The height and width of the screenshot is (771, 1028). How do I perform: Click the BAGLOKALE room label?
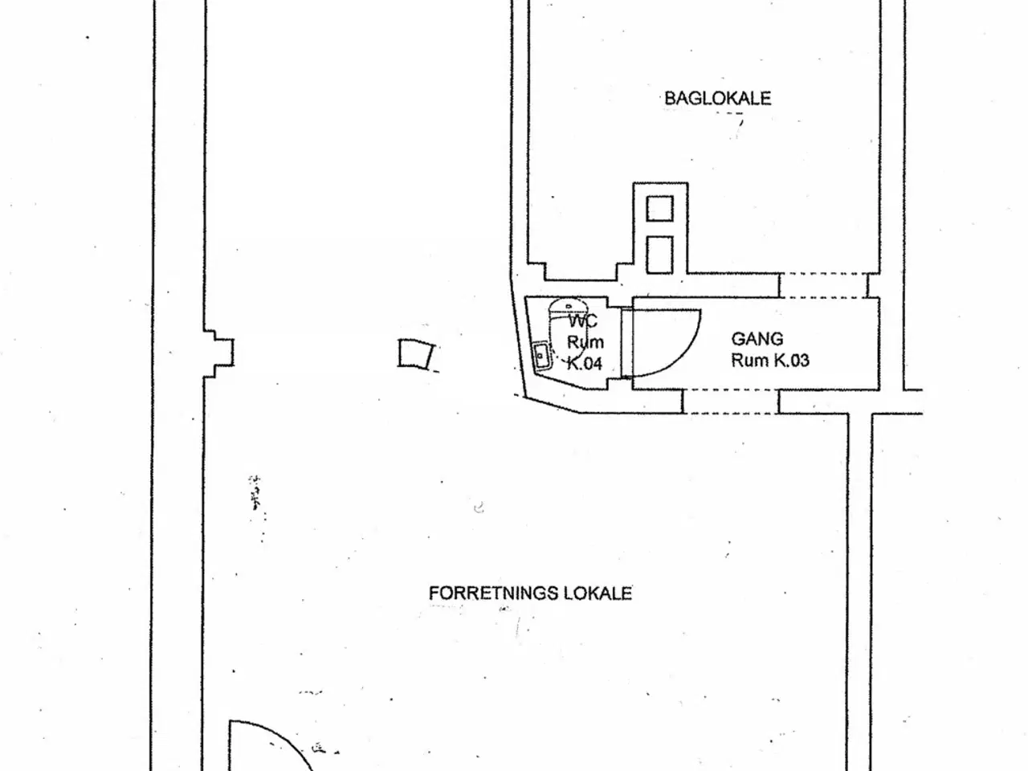717,98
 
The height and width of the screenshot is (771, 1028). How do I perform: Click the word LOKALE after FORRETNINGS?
598,594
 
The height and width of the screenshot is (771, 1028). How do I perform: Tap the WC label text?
583,321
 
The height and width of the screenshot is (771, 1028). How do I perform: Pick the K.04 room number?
585,363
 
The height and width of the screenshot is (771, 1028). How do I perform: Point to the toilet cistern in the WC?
568,307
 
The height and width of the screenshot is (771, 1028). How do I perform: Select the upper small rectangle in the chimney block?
659,208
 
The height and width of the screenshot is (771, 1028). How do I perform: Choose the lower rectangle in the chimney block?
659,255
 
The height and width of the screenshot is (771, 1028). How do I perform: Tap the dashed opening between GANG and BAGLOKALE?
824,285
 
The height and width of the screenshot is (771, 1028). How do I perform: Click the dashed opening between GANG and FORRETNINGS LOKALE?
731,402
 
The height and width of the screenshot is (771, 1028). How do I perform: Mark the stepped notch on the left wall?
218,353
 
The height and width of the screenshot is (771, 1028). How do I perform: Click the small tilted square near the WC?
416,354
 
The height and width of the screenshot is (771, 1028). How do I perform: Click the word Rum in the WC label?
585,342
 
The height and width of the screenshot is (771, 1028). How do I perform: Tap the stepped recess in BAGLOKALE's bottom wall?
581,271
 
